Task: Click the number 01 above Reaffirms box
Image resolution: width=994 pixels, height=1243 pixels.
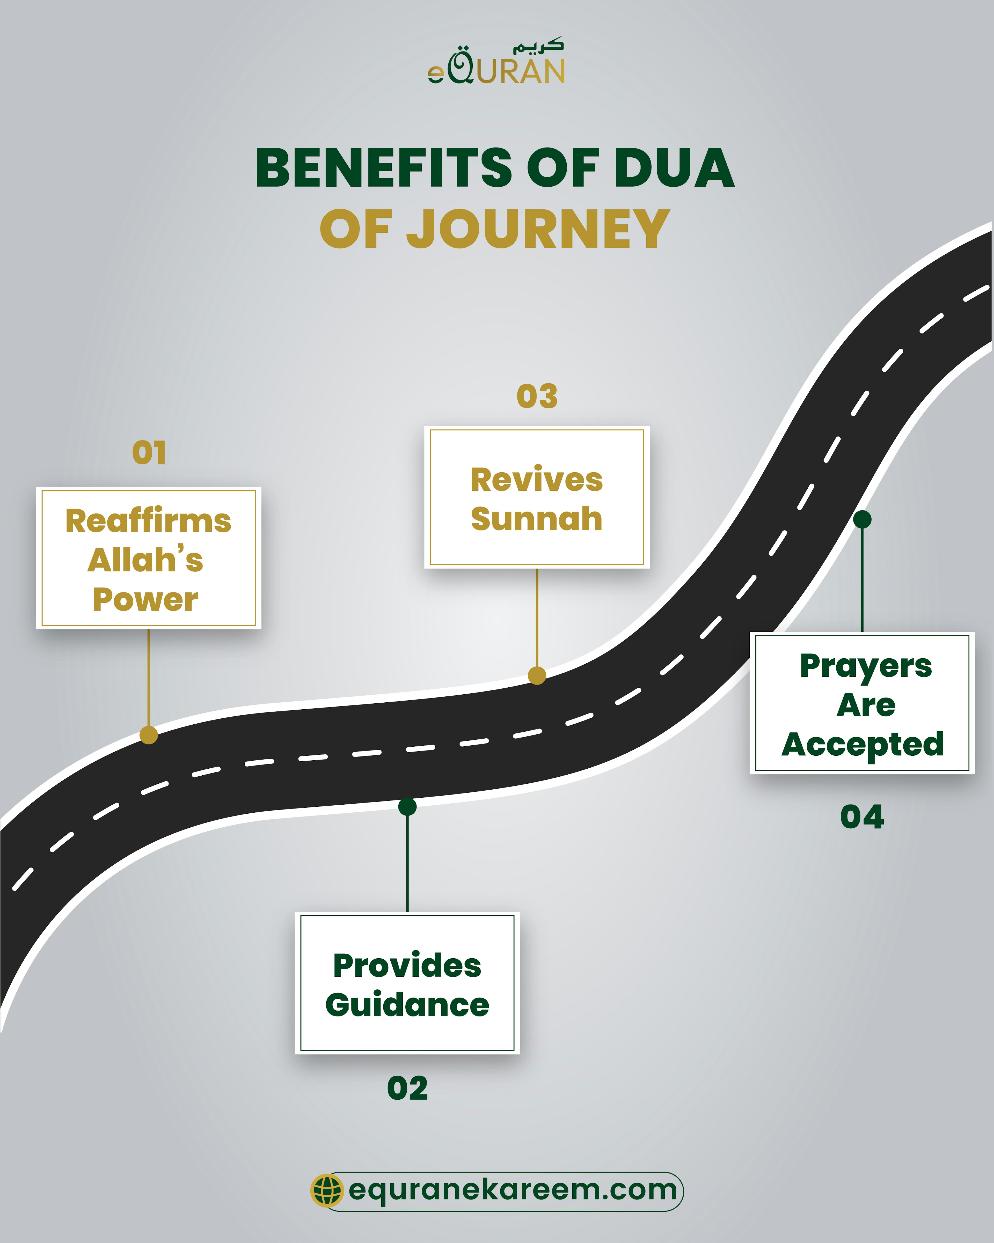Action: coord(149,453)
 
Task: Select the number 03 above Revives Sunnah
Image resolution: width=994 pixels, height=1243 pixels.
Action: coord(537,396)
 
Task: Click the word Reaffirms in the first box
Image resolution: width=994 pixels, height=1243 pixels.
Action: coord(148,521)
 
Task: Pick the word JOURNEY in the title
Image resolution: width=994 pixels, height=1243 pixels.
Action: coord(538,230)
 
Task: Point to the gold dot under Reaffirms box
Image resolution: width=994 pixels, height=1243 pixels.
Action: coord(149,735)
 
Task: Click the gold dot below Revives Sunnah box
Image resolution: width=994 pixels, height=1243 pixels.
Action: coord(537,675)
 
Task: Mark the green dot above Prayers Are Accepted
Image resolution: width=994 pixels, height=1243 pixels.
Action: coord(862,519)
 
